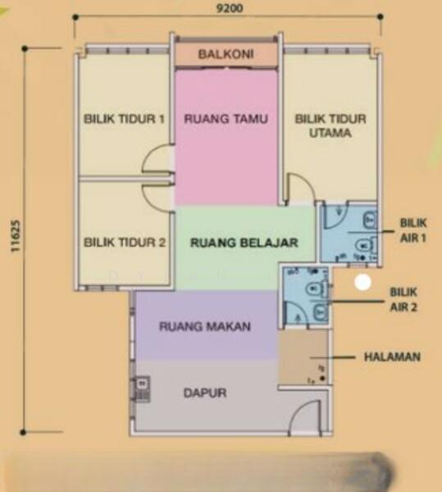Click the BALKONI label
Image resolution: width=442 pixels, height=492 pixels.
[x=226, y=55]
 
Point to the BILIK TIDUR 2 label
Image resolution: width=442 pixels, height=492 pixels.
[x=125, y=243]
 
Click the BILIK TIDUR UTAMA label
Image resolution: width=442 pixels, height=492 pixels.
[x=325, y=125]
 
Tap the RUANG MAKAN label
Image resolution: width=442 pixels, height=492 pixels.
[x=205, y=326]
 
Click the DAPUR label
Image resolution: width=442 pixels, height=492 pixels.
[x=204, y=393]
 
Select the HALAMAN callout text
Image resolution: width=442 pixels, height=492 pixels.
[x=392, y=357]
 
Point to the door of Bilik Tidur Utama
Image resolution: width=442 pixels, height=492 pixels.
[x=298, y=189]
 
